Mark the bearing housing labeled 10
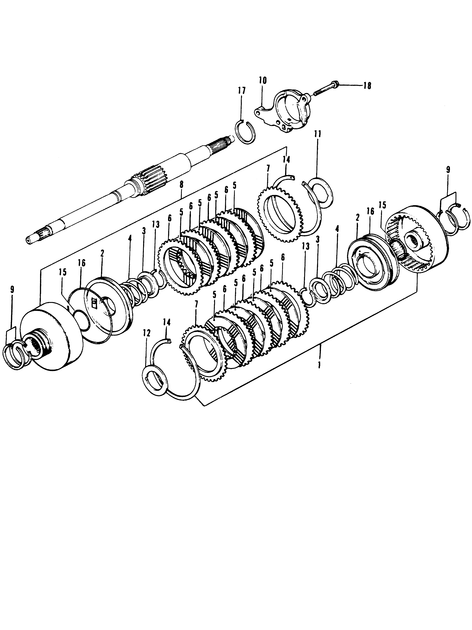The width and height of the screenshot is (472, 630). (x=287, y=109)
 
